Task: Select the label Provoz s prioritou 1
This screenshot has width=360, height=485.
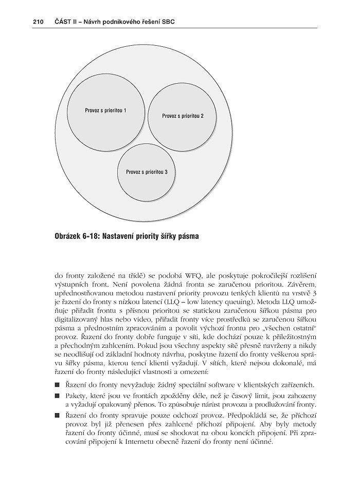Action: pos(105,110)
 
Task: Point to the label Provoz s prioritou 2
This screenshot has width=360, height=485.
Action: pos(183,116)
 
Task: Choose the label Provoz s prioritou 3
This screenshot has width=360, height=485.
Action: pos(147,172)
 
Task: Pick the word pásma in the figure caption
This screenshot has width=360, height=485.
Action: pos(186,236)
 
